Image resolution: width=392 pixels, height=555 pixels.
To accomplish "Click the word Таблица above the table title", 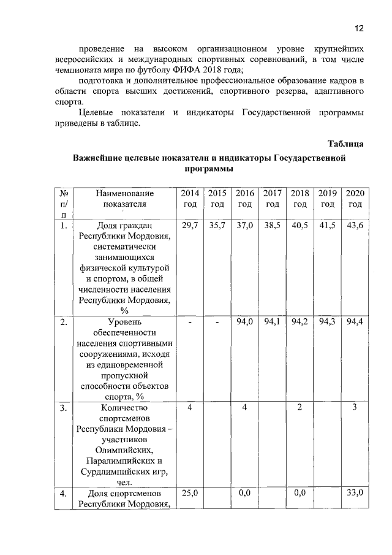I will [345, 144].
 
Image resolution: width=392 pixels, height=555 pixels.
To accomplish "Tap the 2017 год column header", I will [272, 199].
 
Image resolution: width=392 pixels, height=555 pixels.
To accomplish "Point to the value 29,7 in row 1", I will [189, 226].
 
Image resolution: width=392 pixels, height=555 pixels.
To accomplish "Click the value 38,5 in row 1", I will [272, 226].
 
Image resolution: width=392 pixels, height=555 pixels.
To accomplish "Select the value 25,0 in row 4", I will [189, 492].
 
